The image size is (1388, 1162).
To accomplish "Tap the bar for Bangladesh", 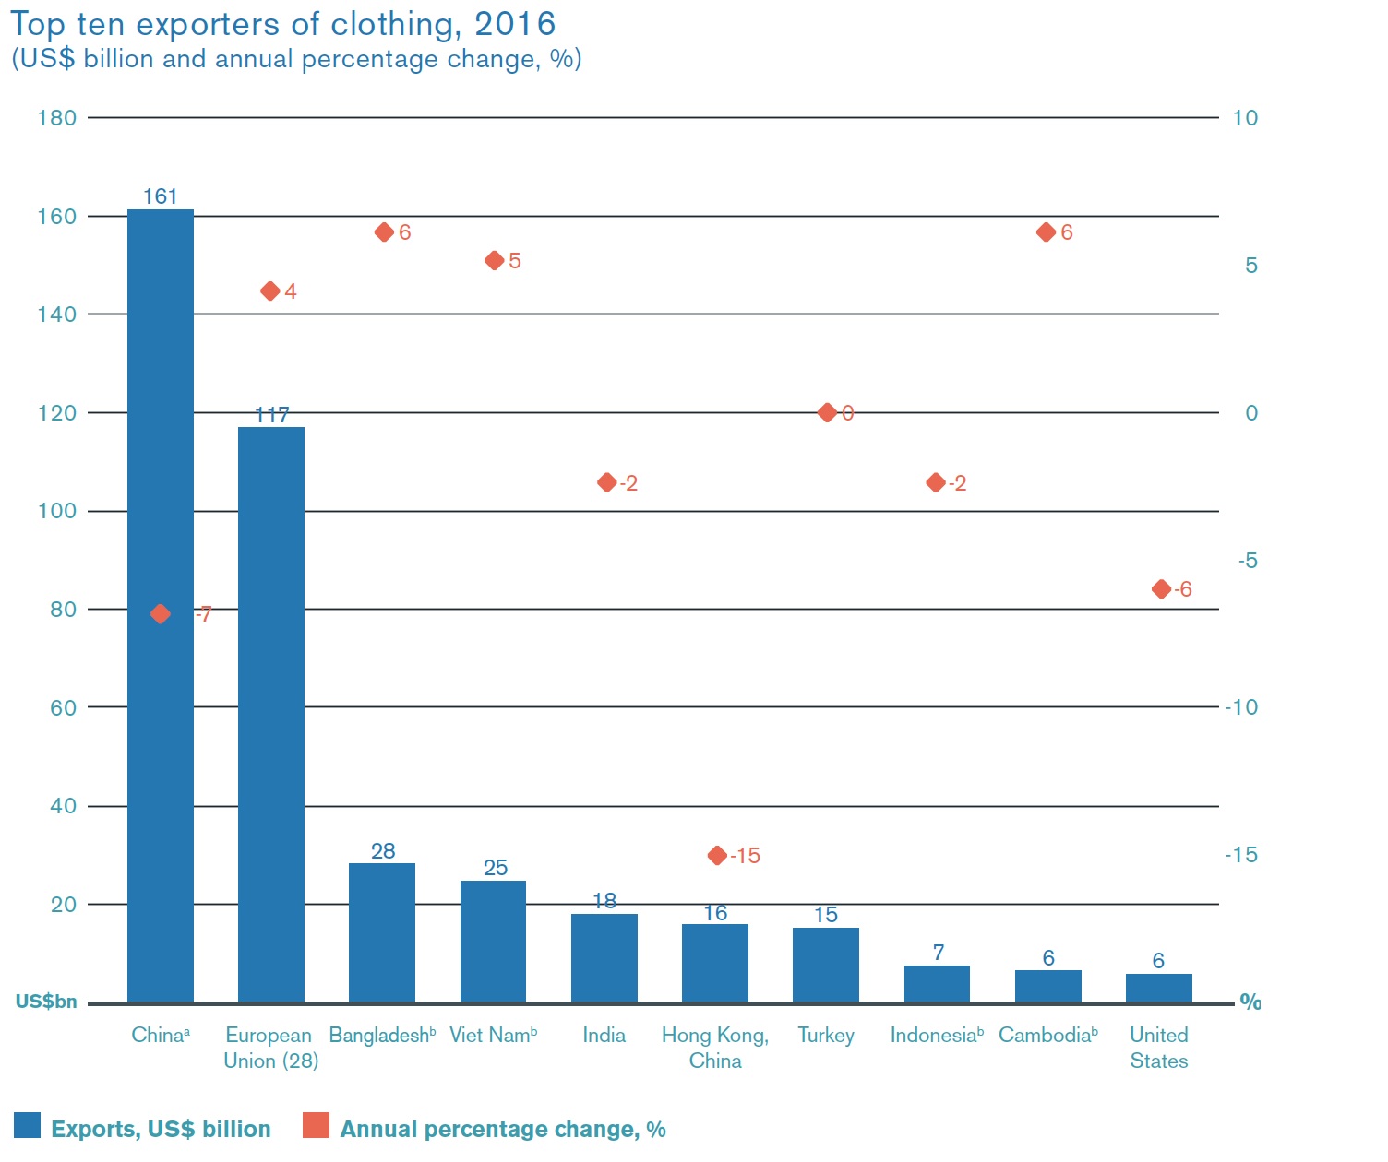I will click(x=382, y=932).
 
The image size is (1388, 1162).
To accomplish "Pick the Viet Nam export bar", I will click(x=493, y=941).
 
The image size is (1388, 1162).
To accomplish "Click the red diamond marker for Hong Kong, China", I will click(x=717, y=856).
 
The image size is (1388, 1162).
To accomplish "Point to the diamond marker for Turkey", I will click(x=827, y=412).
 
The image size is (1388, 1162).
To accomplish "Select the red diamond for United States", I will click(x=1161, y=589).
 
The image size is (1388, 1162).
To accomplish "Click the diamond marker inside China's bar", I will click(x=161, y=614).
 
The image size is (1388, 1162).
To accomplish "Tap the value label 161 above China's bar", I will click(x=161, y=196).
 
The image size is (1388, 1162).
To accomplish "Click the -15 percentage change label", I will click(x=745, y=857).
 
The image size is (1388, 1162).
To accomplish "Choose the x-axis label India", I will click(x=604, y=1036).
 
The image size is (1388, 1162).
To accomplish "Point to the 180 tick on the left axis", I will click(x=56, y=118).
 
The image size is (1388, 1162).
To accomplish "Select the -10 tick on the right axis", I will click(x=1241, y=707).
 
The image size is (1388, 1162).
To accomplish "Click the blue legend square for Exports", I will click(x=28, y=1126).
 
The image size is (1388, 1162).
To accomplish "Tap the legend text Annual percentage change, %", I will click(x=503, y=1130).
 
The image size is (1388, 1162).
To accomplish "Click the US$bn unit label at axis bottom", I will click(x=46, y=1002).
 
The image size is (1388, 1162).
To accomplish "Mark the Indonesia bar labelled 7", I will click(x=937, y=984).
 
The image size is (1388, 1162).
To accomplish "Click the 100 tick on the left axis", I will click(x=56, y=511).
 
